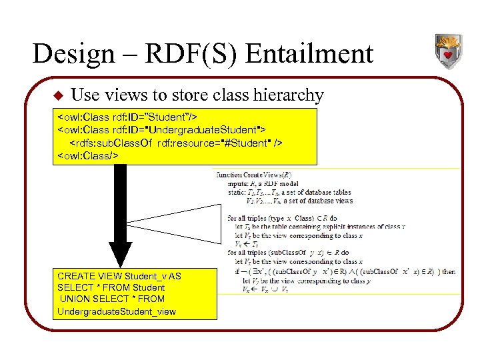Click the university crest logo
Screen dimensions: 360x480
(x=447, y=51)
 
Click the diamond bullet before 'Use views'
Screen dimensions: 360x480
(x=57, y=96)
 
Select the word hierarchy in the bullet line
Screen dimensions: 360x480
(x=288, y=96)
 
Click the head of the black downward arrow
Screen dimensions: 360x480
(x=120, y=253)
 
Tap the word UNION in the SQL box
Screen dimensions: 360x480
(x=78, y=299)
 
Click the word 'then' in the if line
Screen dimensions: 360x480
(x=449, y=272)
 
